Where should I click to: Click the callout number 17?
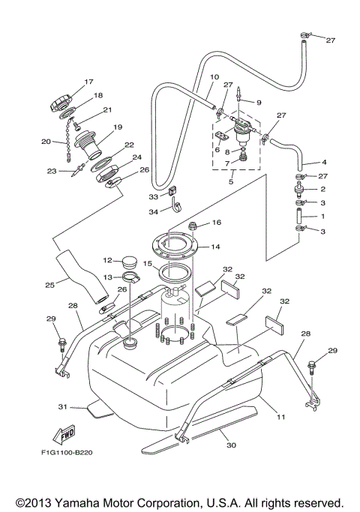point(88,82)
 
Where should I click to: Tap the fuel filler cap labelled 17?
point(61,101)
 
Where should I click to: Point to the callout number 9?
point(259,103)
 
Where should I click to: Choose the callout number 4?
point(325,162)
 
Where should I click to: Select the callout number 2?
point(325,190)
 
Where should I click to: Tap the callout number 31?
point(63,407)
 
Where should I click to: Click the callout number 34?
point(154,211)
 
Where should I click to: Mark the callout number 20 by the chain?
point(45,140)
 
